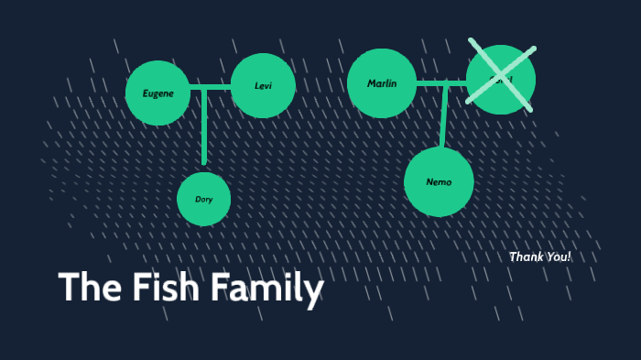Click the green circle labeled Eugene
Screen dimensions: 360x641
click(158, 93)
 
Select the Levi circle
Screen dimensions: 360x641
click(263, 86)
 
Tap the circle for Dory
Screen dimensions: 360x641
click(203, 199)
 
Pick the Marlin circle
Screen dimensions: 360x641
click(382, 83)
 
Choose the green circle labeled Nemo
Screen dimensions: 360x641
click(439, 181)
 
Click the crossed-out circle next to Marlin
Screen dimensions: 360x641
click(500, 79)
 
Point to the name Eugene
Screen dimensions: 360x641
click(158, 93)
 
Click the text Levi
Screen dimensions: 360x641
click(264, 86)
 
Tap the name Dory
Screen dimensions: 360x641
click(203, 199)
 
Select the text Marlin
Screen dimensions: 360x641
click(382, 83)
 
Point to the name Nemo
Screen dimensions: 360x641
click(439, 181)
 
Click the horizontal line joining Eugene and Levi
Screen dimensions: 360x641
click(211, 87)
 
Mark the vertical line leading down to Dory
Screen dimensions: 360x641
click(203, 128)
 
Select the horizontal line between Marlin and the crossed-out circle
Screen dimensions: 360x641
click(441, 82)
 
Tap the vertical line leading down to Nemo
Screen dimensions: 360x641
click(444, 117)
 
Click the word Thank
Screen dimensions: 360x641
click(527, 256)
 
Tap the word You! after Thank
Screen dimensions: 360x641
click(559, 256)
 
